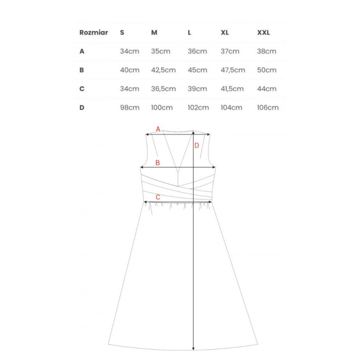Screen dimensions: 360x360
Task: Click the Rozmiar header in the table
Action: (x=94, y=33)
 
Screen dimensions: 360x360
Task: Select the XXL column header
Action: (x=263, y=33)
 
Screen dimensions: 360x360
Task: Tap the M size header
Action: (x=154, y=33)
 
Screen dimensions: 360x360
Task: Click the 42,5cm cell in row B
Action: (x=163, y=70)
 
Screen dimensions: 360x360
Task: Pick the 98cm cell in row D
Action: (x=130, y=108)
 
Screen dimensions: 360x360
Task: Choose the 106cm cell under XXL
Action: (x=268, y=108)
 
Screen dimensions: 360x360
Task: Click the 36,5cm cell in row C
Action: (x=163, y=89)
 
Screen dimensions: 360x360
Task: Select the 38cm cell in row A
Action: (x=266, y=51)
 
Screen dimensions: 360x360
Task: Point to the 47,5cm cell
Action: (x=233, y=70)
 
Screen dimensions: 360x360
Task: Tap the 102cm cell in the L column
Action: (x=198, y=108)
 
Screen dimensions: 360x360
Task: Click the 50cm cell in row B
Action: (x=266, y=70)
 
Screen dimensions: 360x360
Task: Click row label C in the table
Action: (x=82, y=89)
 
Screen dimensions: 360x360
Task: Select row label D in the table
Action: (x=82, y=108)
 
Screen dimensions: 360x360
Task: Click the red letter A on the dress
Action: (x=158, y=129)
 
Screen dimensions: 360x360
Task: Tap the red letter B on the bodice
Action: (x=157, y=163)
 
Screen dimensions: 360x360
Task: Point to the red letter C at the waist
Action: (x=157, y=197)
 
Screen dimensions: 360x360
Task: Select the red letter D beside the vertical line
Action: (x=197, y=145)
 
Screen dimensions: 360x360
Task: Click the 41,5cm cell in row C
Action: (x=233, y=89)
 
